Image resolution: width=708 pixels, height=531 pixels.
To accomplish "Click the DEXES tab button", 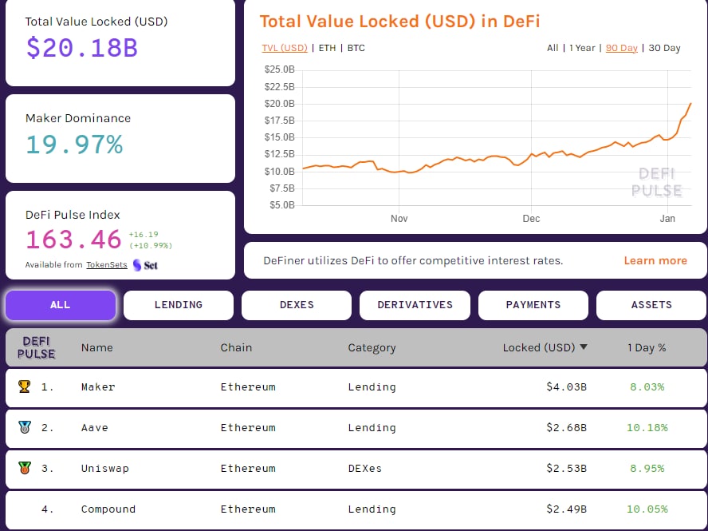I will (296, 305).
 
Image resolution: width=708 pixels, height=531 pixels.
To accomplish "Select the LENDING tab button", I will (178, 305).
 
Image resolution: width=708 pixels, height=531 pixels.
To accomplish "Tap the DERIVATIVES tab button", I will (415, 305).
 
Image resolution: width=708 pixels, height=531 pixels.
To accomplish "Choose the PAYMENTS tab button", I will (533, 305).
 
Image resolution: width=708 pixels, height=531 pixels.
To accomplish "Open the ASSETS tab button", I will (651, 305).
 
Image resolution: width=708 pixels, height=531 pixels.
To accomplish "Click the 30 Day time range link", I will (664, 48).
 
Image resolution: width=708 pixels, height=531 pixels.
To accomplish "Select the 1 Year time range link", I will (582, 48).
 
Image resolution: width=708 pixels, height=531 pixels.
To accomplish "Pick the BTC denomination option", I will (356, 48).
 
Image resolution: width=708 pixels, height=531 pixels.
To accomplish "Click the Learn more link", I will (655, 260).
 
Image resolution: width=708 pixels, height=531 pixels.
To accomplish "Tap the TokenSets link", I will (107, 265).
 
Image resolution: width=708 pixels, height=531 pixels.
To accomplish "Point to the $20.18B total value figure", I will (81, 48).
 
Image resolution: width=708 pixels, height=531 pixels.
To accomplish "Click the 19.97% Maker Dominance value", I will (74, 145).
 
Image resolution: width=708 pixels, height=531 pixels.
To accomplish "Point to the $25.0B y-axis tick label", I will (279, 69).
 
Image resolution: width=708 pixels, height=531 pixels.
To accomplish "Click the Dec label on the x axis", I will (531, 219).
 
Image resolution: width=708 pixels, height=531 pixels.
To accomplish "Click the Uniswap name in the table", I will (104, 469).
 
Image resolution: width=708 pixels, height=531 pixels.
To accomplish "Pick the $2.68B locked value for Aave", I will (566, 428).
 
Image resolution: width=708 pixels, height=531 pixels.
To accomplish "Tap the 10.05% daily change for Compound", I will (647, 509).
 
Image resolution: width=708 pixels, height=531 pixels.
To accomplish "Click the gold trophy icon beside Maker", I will (24, 386).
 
